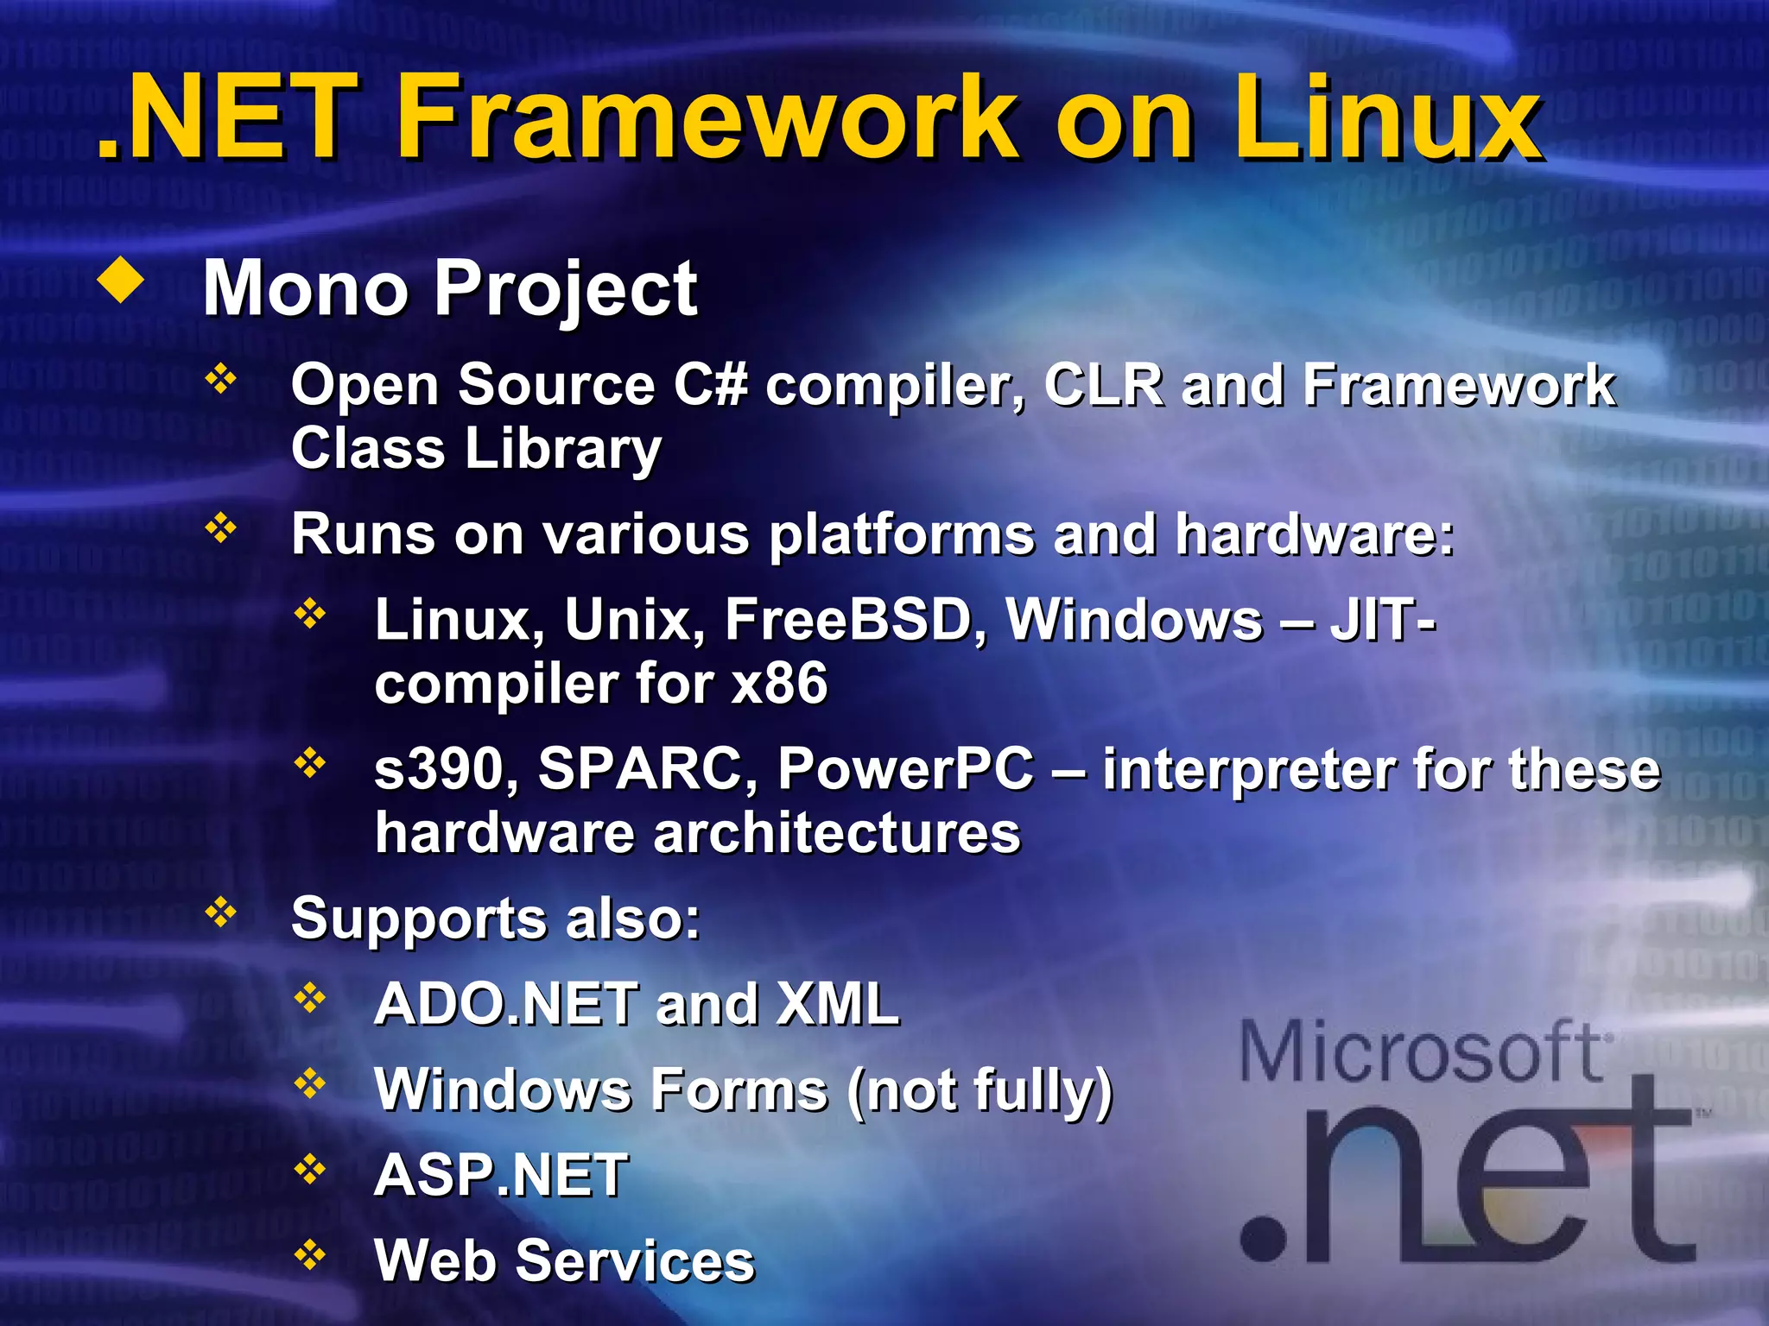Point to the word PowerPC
coord(904,768)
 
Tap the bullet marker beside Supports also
coord(221,912)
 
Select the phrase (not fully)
coord(980,1090)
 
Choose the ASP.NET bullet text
coord(501,1176)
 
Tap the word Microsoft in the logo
coord(1421,1051)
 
